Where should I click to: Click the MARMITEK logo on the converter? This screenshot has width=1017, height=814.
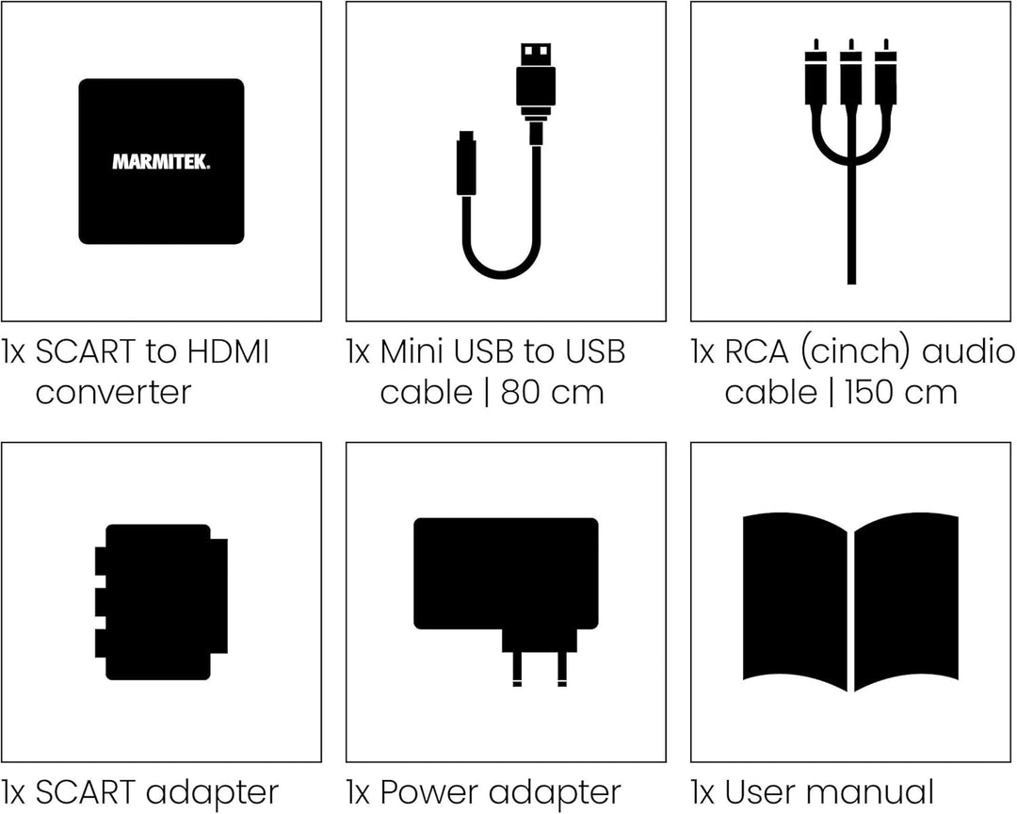[162, 162]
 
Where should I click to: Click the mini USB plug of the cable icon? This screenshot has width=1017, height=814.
[466, 163]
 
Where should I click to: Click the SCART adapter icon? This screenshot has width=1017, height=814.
[162, 602]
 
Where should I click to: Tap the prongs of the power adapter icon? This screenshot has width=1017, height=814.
[539, 669]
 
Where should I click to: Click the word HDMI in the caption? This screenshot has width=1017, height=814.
[228, 351]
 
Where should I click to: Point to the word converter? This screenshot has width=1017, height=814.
[114, 393]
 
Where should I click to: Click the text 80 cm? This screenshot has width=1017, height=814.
[553, 393]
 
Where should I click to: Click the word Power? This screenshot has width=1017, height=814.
[428, 792]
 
